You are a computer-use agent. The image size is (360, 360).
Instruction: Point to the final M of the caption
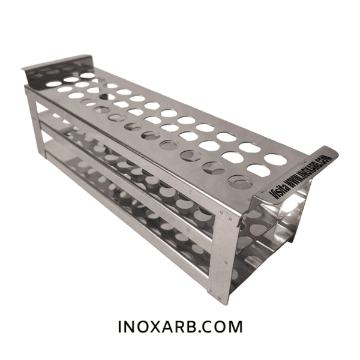pos(235,326)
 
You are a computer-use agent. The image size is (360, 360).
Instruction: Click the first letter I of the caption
pos(119,326)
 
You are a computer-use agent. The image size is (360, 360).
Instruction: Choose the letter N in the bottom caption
pos(130,326)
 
